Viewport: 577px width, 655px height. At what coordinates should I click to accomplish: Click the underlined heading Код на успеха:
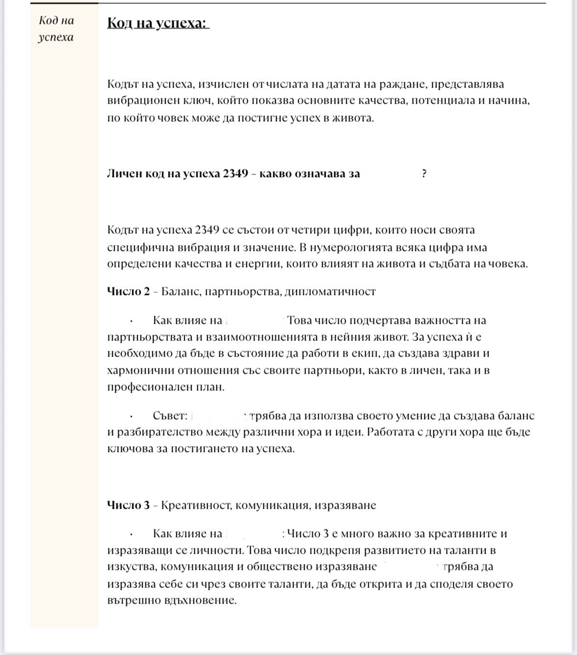click(x=157, y=23)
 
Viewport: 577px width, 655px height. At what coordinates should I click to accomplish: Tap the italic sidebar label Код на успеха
click(x=56, y=29)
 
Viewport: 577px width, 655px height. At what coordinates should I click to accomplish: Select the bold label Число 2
click(x=128, y=292)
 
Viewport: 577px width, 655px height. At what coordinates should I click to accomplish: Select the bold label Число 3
click(x=128, y=505)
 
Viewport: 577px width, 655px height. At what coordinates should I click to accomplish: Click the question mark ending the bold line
click(x=424, y=174)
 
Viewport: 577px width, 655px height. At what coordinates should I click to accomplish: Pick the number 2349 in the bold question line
click(x=235, y=174)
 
